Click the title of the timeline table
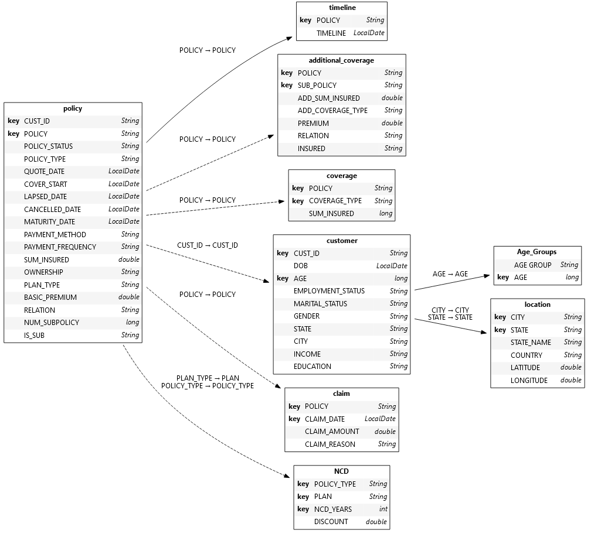[342, 8]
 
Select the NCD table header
[341, 471]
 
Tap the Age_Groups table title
[536, 252]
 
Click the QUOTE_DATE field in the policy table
[44, 172]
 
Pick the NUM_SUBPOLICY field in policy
[52, 323]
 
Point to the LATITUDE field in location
[525, 368]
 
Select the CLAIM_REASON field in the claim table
[330, 444]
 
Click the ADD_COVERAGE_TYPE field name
[332, 111]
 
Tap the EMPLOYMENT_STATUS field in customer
[329, 291]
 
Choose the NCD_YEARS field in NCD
[333, 509]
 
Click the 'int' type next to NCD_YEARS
[383, 509]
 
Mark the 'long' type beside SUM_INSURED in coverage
[385, 214]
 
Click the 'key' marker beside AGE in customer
[283, 279]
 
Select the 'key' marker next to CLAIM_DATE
[294, 419]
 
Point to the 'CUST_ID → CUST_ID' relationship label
[208, 245]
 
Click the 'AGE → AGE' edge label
[450, 274]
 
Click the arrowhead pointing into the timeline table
[289, 38]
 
